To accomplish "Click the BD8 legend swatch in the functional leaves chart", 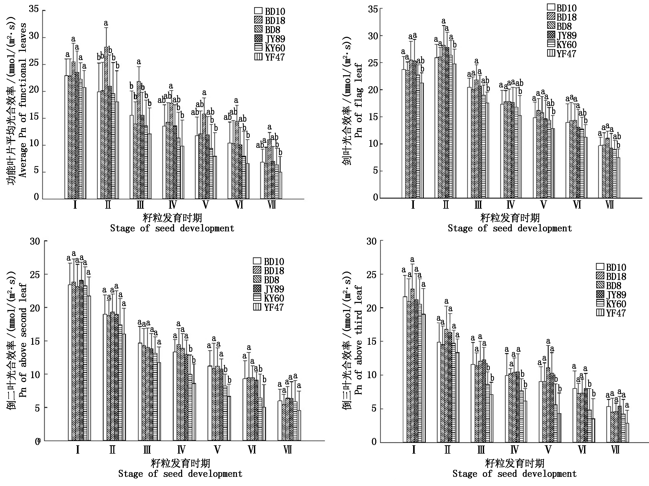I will pyautogui.click(x=258, y=29).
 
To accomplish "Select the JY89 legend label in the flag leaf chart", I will pyautogui.click(x=567, y=36).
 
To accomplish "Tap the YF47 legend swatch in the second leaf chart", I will pyautogui.click(x=257, y=307).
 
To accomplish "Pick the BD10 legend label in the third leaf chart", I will pyautogui.click(x=616, y=267).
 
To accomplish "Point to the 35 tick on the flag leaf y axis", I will pyautogui.click(x=373, y=9).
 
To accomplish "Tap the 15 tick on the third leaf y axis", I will pyautogui.click(x=371, y=342).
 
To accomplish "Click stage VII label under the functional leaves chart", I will pyautogui.click(x=272, y=205).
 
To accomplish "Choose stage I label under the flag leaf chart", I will pyautogui.click(x=413, y=205).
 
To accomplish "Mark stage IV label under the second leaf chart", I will pyautogui.click(x=181, y=450).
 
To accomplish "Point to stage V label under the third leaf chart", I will pyautogui.click(x=548, y=450).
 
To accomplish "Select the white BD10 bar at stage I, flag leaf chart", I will pyautogui.click(x=404, y=134).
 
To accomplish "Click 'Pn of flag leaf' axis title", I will pyautogui.click(x=359, y=101).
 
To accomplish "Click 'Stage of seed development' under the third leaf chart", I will pyautogui.click(x=514, y=474).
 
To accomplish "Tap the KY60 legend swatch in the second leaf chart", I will pyautogui.click(x=257, y=298).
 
